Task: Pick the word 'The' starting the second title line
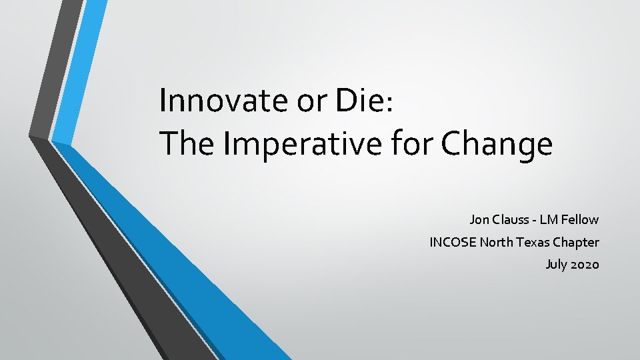(186, 143)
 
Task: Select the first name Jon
(479, 219)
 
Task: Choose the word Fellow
(582, 219)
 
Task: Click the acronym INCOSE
(453, 242)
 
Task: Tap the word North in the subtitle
(497, 242)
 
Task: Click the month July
(556, 265)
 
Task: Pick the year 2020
(585, 265)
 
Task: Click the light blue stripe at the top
(79, 67)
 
